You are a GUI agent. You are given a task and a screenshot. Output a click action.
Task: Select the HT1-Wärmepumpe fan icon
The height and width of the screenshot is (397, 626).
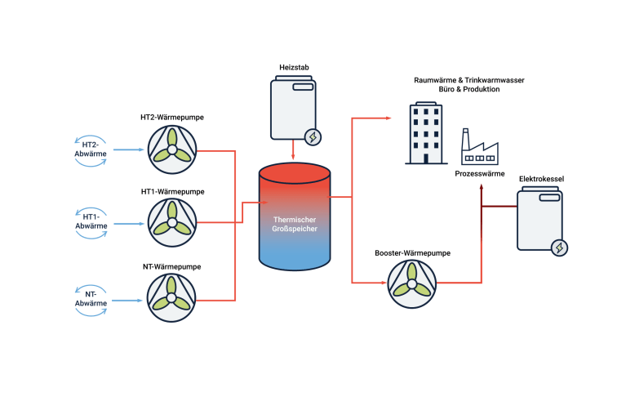171,222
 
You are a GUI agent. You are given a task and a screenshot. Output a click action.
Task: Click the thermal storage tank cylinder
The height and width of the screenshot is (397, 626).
295,216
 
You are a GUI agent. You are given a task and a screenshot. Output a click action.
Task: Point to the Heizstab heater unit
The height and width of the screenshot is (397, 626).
292,109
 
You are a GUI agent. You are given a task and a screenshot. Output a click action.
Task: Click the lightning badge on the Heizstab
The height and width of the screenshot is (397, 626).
311,136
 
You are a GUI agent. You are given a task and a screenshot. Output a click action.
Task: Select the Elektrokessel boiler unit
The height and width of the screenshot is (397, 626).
539,218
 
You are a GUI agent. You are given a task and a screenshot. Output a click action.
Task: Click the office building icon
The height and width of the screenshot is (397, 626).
426,133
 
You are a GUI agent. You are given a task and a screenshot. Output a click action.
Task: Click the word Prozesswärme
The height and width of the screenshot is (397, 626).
480,174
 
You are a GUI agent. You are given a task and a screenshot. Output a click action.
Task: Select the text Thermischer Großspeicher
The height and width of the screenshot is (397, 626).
295,225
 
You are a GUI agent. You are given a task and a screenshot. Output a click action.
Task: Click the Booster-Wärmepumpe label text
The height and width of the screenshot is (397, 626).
412,253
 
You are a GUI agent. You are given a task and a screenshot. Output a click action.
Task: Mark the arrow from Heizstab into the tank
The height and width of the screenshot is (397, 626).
292,152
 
